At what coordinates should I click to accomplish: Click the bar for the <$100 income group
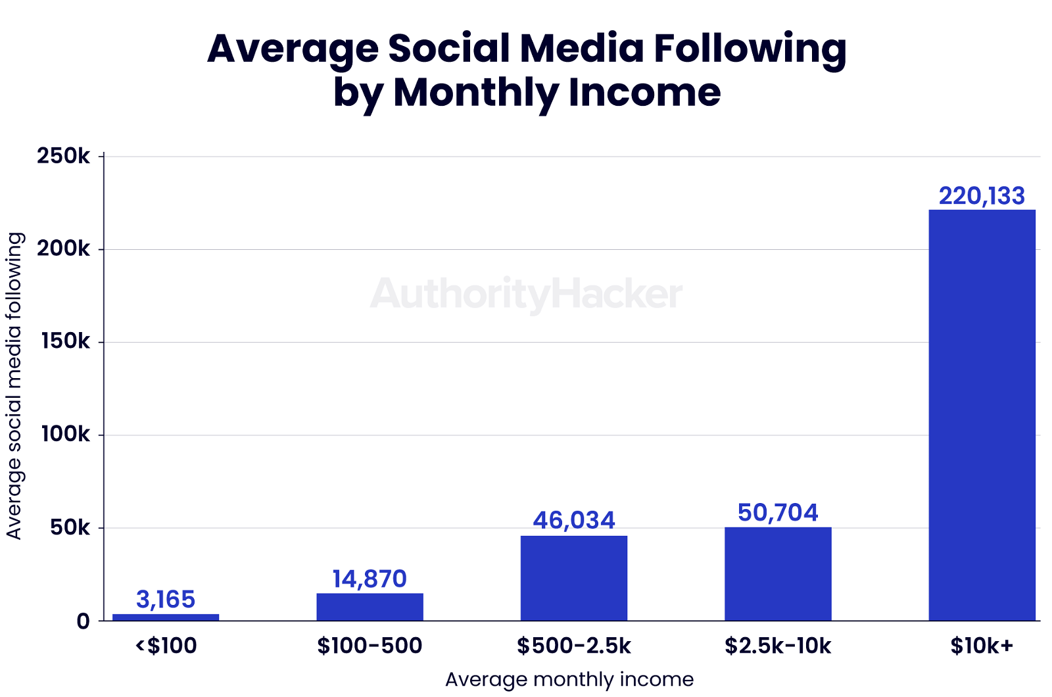tap(166, 617)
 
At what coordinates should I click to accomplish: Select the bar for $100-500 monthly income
tap(370, 606)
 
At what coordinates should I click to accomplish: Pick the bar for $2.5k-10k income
tap(778, 573)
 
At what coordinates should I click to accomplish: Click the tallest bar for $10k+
tap(982, 414)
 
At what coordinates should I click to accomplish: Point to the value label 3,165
tap(166, 599)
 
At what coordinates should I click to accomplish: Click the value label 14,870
tap(370, 579)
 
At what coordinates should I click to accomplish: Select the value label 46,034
tap(574, 520)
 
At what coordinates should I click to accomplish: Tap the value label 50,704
tap(778, 512)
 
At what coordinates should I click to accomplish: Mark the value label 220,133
tap(982, 196)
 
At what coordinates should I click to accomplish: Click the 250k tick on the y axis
tap(63, 156)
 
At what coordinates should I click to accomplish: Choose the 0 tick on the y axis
tap(83, 621)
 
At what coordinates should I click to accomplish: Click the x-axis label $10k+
tap(982, 646)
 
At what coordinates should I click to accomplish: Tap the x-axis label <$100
tap(166, 646)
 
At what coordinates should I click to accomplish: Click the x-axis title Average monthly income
tap(569, 679)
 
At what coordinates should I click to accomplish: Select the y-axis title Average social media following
tap(14, 385)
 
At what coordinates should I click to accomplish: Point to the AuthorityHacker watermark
tap(526, 294)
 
